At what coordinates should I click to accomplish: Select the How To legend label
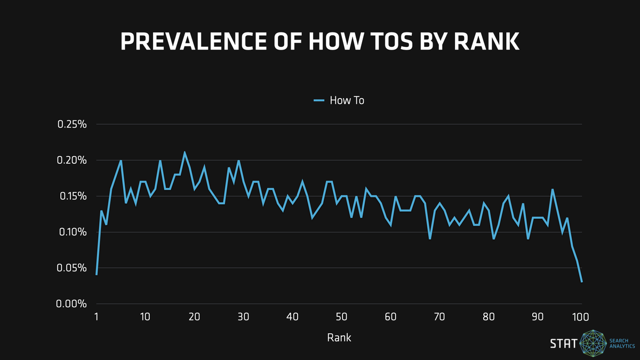tap(347, 100)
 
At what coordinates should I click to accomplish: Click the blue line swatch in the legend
tap(319, 100)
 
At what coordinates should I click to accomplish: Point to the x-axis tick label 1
tap(97, 317)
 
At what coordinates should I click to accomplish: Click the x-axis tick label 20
tap(194, 317)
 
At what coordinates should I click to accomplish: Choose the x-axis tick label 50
tap(341, 317)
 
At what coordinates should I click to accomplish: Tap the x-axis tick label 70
tap(439, 317)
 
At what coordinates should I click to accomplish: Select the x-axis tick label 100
tap(580, 317)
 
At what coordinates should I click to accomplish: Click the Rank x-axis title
tap(339, 338)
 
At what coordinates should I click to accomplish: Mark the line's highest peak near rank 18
tap(185, 153)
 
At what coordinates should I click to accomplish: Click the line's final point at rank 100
tap(581, 282)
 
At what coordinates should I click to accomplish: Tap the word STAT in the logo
tap(563, 343)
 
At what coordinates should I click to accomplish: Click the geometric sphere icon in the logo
tap(593, 343)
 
